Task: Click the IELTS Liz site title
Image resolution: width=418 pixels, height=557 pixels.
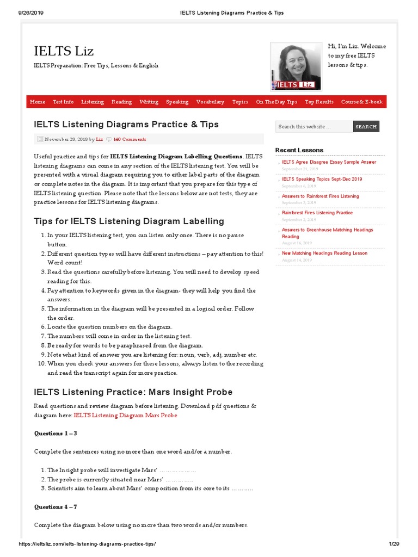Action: [64, 51]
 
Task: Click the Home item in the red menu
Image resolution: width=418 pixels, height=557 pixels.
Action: [38, 102]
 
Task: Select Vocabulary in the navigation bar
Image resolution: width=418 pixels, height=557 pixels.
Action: [210, 102]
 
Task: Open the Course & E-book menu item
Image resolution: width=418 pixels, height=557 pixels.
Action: [361, 102]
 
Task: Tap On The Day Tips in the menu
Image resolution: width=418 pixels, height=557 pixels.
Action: [276, 102]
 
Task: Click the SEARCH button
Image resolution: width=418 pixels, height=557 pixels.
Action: [366, 127]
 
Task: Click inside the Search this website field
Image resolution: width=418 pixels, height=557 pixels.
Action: [313, 127]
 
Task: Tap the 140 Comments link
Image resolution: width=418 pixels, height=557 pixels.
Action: [130, 139]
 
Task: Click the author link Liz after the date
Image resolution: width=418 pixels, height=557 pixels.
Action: [99, 139]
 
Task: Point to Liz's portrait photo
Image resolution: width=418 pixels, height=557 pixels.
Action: [296, 65]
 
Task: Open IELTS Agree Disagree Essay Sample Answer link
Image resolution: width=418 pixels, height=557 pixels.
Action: [329, 162]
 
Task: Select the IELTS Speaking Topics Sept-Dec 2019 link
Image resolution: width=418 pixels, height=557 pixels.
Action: [322, 179]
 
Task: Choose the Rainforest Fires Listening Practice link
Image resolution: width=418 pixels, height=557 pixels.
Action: [317, 213]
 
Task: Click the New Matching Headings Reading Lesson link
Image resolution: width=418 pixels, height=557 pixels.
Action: [324, 253]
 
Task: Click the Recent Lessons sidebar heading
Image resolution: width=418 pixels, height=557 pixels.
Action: [299, 150]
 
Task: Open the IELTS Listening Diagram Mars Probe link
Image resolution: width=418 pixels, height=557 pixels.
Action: [125, 416]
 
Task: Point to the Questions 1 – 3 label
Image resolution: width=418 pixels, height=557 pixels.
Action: [56, 434]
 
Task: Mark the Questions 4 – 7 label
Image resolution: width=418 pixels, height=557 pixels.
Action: [56, 506]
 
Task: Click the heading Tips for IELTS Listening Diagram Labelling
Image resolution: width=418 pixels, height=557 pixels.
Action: [129, 221]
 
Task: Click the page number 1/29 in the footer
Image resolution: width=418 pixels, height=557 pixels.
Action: [394, 544]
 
